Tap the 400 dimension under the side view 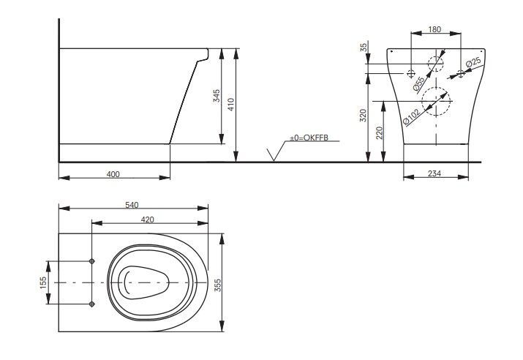113,175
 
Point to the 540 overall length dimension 132,205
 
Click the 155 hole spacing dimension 43,282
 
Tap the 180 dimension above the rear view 436,29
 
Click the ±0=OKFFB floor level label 309,138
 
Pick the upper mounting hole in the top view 91,260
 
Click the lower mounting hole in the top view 91,303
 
